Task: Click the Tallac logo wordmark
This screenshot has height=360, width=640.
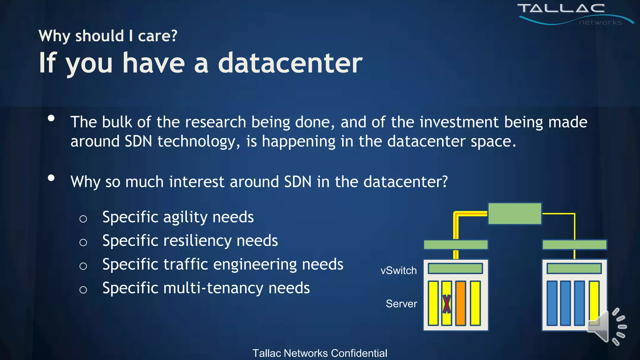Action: (x=561, y=9)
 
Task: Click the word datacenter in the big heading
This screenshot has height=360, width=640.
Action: (x=290, y=63)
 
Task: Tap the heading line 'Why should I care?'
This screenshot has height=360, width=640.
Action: (x=108, y=36)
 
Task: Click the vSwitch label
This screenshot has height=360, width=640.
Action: (x=398, y=271)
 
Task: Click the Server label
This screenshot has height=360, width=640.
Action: (x=401, y=304)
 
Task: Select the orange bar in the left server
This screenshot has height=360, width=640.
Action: (x=460, y=303)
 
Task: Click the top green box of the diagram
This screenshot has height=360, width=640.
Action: (x=514, y=214)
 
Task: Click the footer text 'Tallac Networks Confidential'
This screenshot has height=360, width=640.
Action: (x=320, y=353)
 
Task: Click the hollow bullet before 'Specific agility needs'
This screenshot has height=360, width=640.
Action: (x=83, y=219)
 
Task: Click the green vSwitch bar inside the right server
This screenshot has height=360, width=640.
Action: (x=574, y=268)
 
